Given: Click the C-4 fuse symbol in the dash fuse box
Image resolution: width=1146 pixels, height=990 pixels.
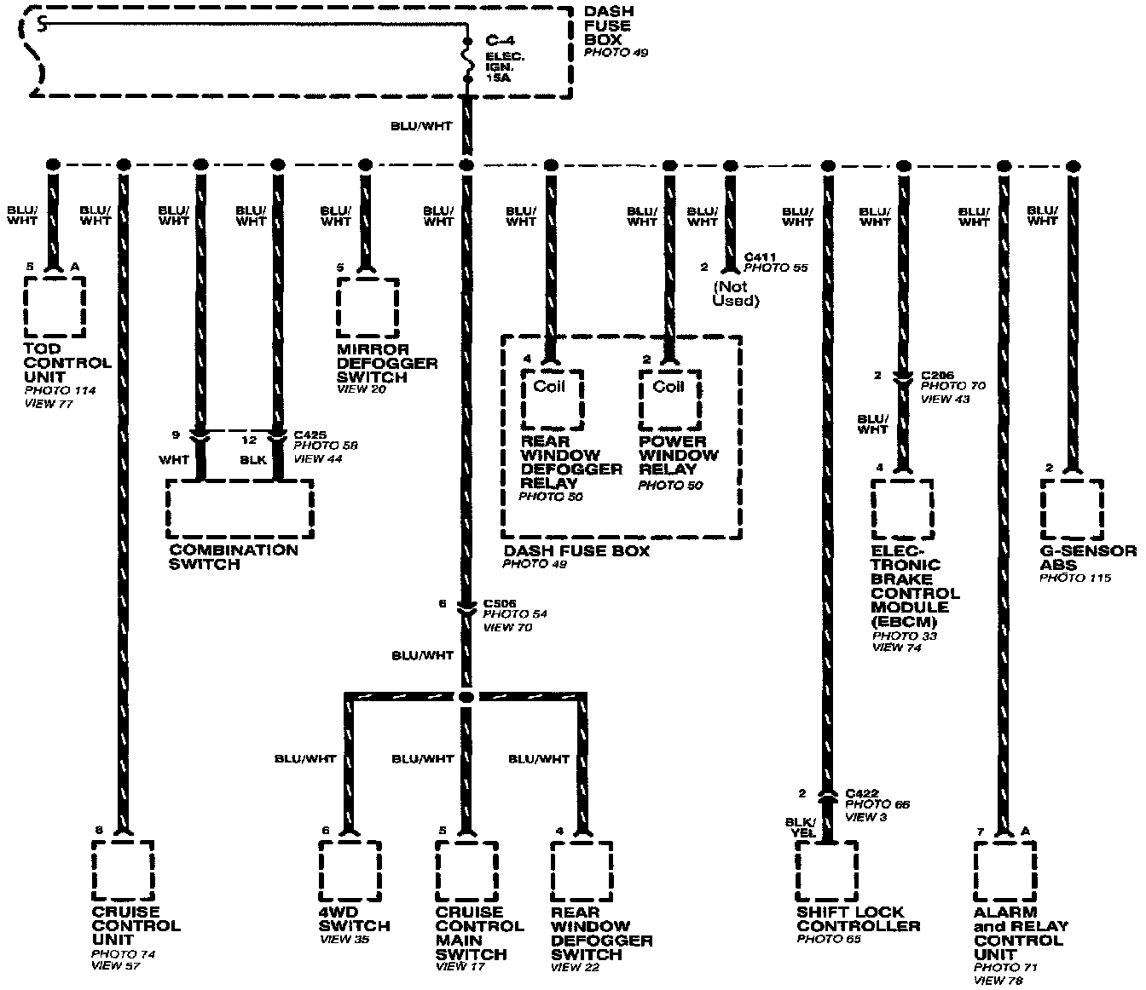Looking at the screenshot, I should tap(467, 60).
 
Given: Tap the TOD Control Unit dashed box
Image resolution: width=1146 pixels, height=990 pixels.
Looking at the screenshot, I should tap(55, 307).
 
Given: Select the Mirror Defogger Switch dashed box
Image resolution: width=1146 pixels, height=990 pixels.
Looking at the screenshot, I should tap(368, 307).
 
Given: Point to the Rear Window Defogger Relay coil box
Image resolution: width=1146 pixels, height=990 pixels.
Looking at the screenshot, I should tap(553, 399).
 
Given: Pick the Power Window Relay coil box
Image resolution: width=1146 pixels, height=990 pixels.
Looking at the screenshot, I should tap(669, 399).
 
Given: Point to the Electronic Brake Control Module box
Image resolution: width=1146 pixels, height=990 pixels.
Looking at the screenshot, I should tap(901, 509).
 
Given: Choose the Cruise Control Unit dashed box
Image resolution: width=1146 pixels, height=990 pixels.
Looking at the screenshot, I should tap(123, 871).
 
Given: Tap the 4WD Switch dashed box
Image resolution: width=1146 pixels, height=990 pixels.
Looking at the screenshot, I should tap(350, 871).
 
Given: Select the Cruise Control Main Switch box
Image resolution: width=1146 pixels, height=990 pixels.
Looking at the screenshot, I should tap(466, 871).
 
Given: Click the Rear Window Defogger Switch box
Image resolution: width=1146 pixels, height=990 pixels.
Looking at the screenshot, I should tap(582, 871).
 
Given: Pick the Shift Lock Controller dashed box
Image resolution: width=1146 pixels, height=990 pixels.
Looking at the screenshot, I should tap(826, 871).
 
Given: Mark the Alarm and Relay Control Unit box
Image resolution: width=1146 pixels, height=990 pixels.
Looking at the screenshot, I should tap(1005, 871).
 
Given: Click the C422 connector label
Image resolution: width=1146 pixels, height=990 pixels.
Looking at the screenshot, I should tap(861, 792).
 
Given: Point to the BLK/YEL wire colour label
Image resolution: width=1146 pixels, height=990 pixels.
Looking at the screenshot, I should tap(801, 827).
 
